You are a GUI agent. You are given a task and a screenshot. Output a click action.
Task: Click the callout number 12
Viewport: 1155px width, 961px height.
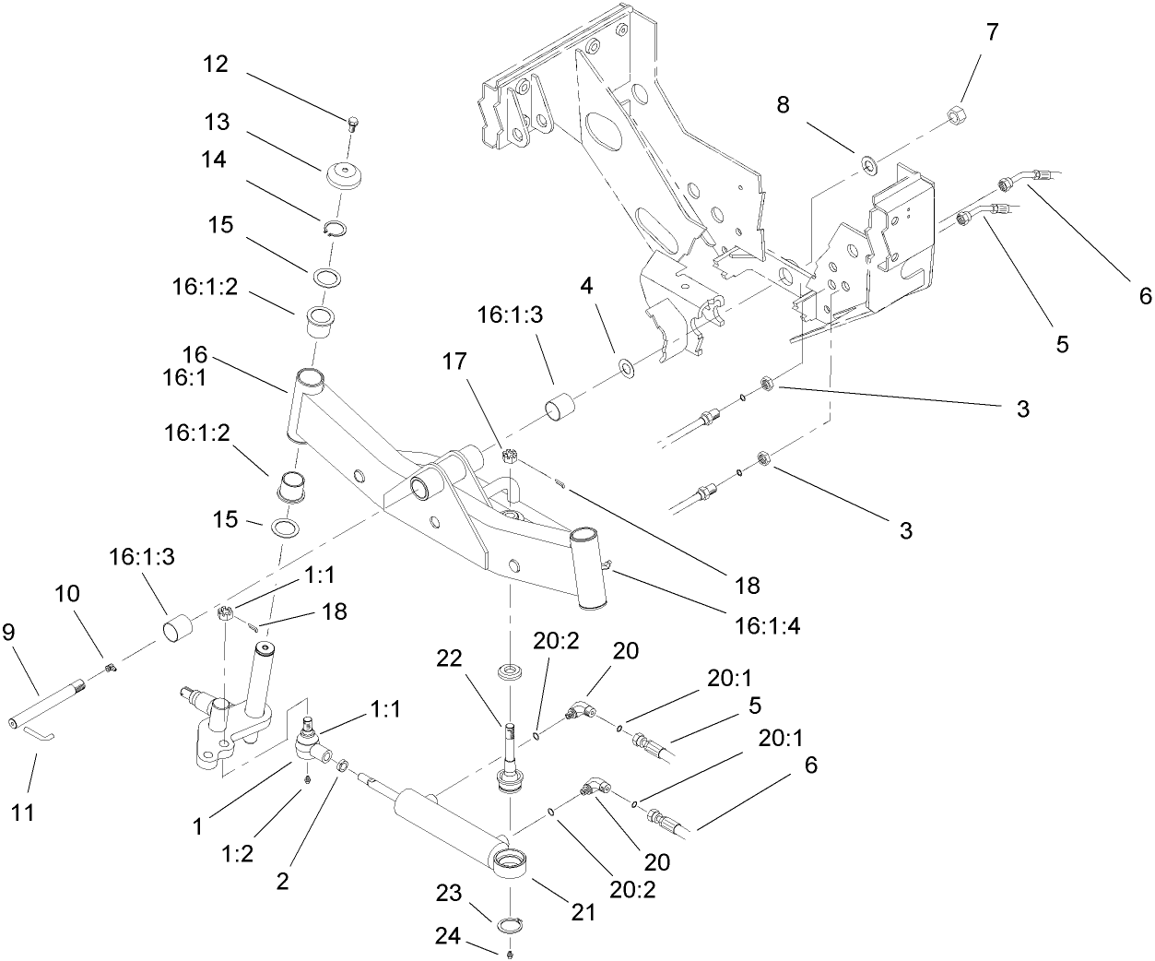pyautogui.click(x=216, y=65)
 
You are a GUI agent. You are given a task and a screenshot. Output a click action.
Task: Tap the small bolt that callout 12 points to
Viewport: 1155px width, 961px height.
pyautogui.click(x=352, y=122)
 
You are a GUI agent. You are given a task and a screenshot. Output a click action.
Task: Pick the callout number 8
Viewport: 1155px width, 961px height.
pyautogui.click(x=783, y=104)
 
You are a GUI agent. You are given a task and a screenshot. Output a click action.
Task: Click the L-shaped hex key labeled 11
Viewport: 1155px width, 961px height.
pyautogui.click(x=36, y=733)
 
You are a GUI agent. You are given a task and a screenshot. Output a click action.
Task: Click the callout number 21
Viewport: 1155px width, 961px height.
pyautogui.click(x=583, y=912)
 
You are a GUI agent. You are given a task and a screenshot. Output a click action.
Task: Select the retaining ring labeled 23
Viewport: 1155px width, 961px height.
pyautogui.click(x=510, y=925)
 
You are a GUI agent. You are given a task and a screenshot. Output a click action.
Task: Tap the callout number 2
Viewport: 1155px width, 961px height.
pyautogui.click(x=283, y=881)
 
